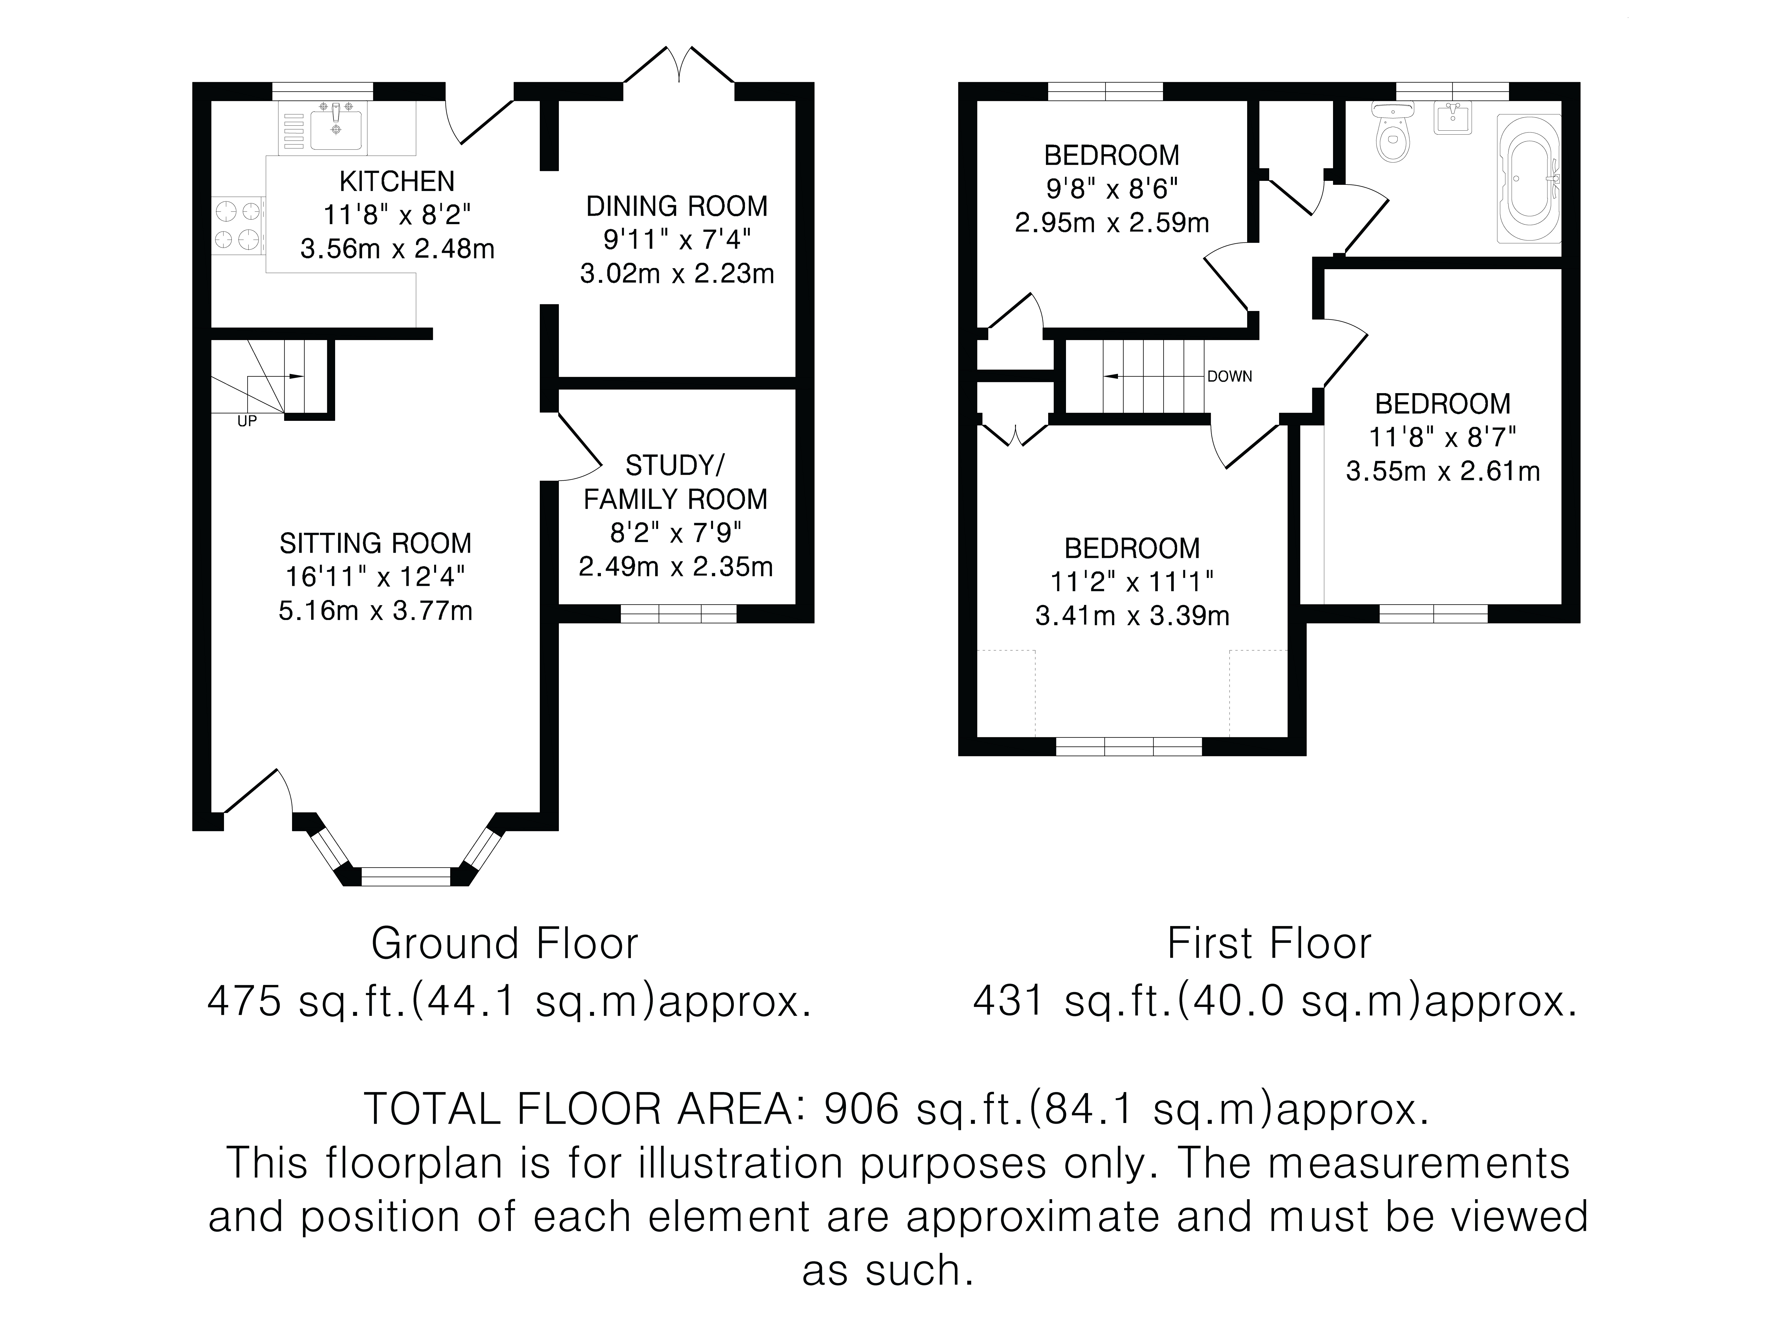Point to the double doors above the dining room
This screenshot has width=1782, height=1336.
coord(679,66)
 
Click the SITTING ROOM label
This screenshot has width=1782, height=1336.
coord(375,544)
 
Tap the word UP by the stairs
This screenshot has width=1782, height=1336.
coord(247,421)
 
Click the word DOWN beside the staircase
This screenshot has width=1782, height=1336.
coord(1229,376)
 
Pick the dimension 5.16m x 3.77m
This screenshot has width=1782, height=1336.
coord(375,611)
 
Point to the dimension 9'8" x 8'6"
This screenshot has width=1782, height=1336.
coord(1112,189)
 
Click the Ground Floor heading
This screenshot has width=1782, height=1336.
coord(504,944)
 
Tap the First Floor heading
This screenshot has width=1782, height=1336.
coord(1269,944)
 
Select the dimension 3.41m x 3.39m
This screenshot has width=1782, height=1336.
coord(1132,616)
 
